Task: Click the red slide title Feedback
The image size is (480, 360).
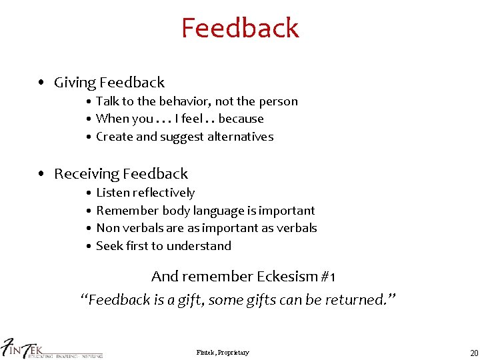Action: [240, 28]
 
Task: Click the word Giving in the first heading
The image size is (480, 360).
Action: [75, 83]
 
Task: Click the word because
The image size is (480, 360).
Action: [241, 119]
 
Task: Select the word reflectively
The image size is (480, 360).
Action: [164, 193]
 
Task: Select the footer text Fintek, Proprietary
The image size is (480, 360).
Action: [223, 352]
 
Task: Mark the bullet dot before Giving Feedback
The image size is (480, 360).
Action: [42, 83]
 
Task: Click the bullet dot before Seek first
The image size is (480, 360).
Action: [89, 246]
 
